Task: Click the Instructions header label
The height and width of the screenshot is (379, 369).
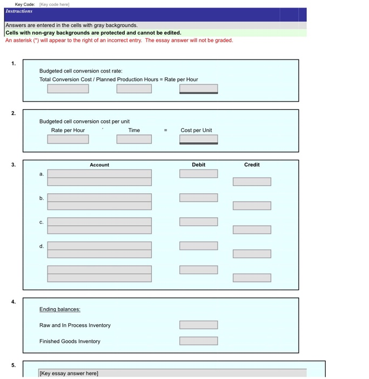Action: point(19,11)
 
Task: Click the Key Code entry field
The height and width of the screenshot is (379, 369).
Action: point(53,4)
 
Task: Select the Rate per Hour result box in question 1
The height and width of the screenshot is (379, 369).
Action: point(198,89)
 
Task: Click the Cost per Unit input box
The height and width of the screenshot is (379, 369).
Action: point(198,139)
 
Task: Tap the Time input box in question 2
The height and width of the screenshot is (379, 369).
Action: point(134,139)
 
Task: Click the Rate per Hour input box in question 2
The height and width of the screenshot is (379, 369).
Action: point(68,139)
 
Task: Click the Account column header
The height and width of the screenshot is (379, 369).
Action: point(99,165)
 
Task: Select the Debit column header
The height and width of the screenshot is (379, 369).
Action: point(198,165)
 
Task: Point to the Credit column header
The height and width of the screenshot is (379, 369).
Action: point(252,165)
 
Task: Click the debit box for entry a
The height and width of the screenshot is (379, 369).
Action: point(198,174)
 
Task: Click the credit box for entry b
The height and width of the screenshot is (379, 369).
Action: point(252,206)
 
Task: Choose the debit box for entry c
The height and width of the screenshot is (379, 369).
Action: point(198,221)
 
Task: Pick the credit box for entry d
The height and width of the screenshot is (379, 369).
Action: point(252,254)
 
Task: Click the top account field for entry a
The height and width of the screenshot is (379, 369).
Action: point(99,174)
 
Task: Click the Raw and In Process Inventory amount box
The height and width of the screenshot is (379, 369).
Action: point(198,325)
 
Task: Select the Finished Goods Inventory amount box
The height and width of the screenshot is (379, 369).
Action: point(198,341)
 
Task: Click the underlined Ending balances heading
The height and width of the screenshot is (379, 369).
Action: point(59,309)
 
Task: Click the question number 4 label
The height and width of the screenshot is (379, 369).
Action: point(14,302)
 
